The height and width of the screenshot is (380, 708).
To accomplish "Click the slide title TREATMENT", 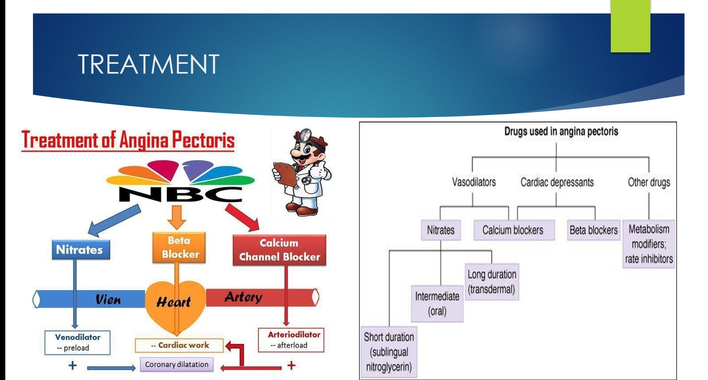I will point(148,64).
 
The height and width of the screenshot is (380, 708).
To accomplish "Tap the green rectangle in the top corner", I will point(630,26).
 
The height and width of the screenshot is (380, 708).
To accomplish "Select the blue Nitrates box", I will point(80,250).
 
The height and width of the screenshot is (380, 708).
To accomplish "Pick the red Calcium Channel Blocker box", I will point(279,250).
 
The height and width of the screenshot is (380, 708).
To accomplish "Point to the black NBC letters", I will point(180,194).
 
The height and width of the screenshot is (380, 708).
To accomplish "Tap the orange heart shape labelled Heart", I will point(175,305).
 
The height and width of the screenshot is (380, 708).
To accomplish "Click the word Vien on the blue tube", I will point(108,300).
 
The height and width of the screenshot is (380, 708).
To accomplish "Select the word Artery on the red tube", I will point(243,297).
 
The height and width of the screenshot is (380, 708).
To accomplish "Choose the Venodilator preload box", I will point(77,342).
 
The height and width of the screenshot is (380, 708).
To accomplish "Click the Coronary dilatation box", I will point(176,364).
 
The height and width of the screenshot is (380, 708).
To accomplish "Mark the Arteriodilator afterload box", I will point(291,340).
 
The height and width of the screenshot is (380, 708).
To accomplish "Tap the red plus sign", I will point(291,365).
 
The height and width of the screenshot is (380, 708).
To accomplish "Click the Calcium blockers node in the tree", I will point(513,230).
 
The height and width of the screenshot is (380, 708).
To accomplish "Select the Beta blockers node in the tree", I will point(593,230).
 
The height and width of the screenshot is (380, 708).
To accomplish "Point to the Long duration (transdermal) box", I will point(492,282).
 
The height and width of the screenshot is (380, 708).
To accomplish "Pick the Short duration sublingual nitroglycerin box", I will point(389,352).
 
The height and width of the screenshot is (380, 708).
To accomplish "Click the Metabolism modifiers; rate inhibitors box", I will point(649,244).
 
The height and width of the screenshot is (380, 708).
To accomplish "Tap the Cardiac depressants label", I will point(557,182).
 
